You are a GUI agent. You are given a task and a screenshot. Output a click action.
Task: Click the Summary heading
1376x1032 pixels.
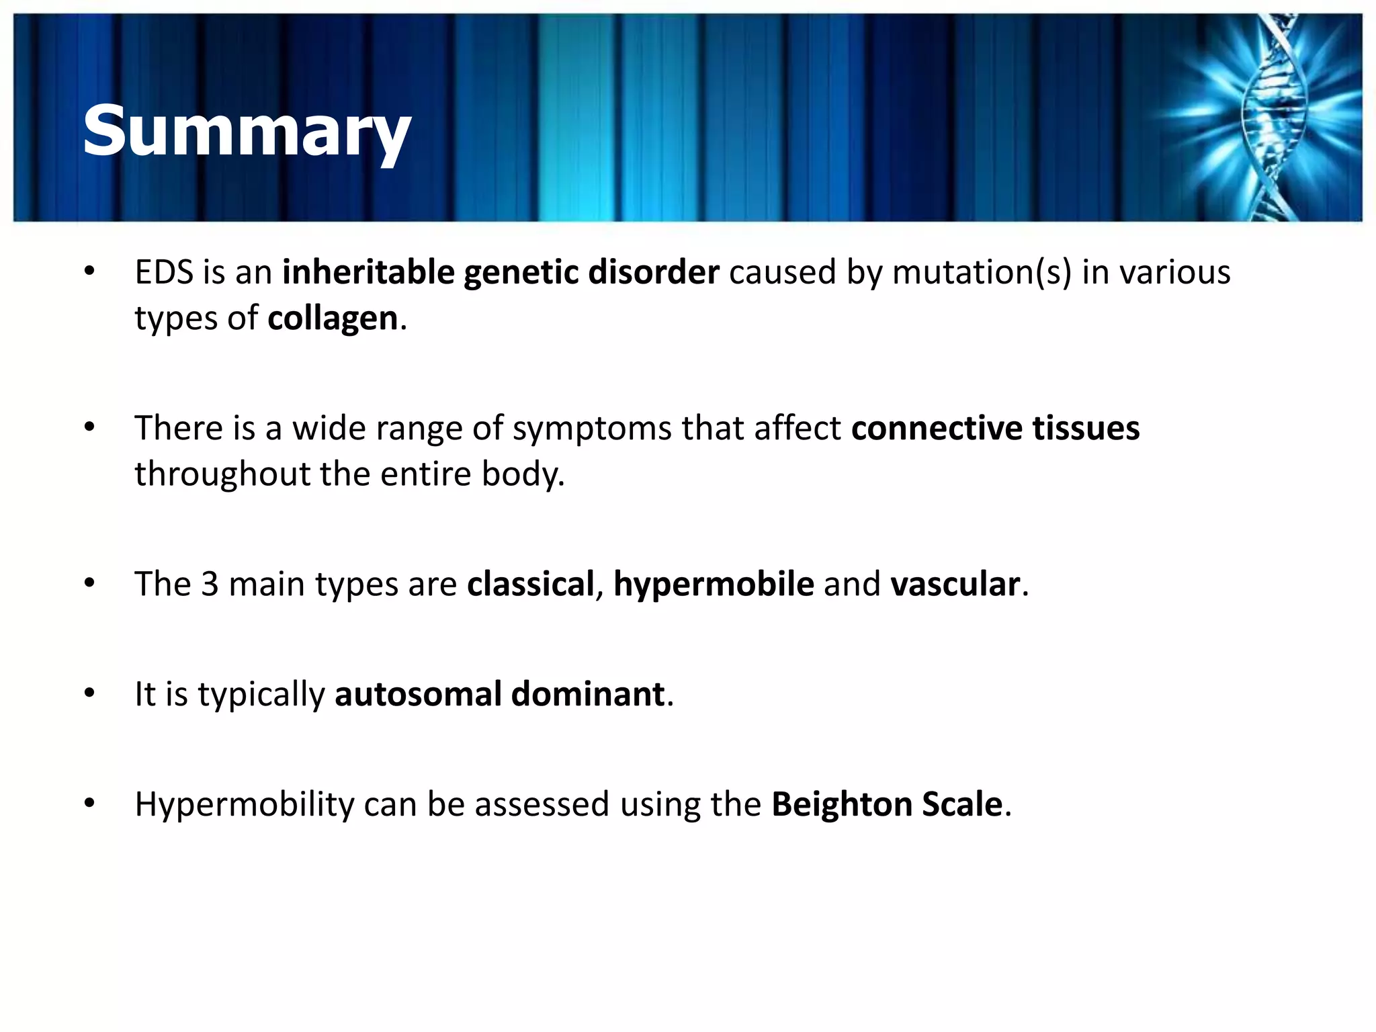[x=246, y=132]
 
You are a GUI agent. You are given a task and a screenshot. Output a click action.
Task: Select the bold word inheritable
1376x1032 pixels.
[x=368, y=273]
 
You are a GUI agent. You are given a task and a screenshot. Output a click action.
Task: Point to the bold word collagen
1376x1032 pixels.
[x=333, y=318]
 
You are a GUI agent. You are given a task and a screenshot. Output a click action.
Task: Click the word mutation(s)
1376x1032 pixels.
[x=982, y=273]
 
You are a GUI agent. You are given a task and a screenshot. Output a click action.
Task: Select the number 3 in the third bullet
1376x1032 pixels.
[x=210, y=584]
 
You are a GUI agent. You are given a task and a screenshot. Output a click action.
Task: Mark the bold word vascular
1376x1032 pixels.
[x=955, y=584]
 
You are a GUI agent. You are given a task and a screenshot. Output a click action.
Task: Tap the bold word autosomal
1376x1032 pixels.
[x=418, y=694]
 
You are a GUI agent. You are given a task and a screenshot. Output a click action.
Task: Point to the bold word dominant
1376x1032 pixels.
[x=588, y=694]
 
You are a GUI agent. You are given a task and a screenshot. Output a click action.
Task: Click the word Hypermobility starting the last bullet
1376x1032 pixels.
[x=245, y=805]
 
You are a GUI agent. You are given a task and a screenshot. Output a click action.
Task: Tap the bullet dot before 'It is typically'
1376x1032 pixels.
[x=90, y=693]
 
